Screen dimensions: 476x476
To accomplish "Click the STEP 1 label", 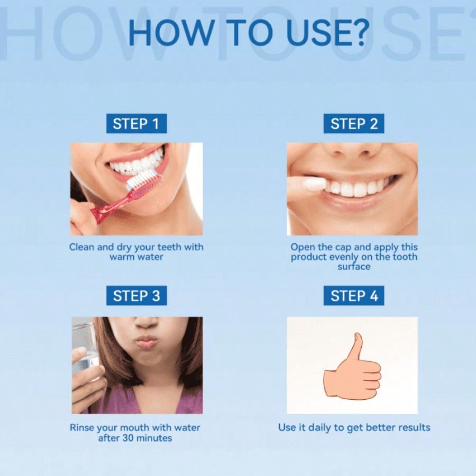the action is click(136, 124).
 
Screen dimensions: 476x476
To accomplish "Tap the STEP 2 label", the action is click(354, 124).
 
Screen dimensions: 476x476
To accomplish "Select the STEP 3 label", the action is click(136, 295).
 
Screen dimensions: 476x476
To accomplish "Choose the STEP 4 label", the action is click(354, 295).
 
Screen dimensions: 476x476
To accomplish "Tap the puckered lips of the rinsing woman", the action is click(147, 343).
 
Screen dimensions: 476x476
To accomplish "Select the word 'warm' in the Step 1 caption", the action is click(122, 257).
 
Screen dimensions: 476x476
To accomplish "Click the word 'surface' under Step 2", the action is click(354, 267).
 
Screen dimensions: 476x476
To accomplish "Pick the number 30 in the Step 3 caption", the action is click(129, 438).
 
